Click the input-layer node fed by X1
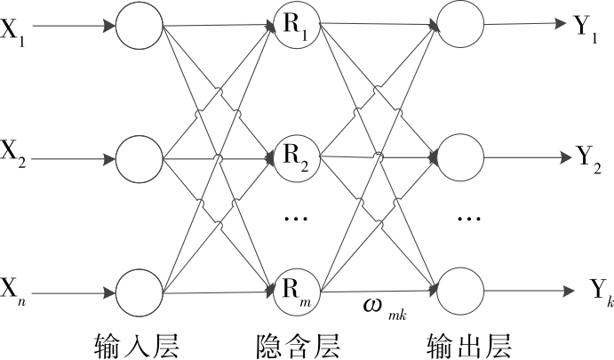click(x=140, y=27)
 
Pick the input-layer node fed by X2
click(x=140, y=159)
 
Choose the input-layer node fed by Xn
click(x=140, y=292)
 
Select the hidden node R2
click(x=297, y=159)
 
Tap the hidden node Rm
click(x=297, y=291)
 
